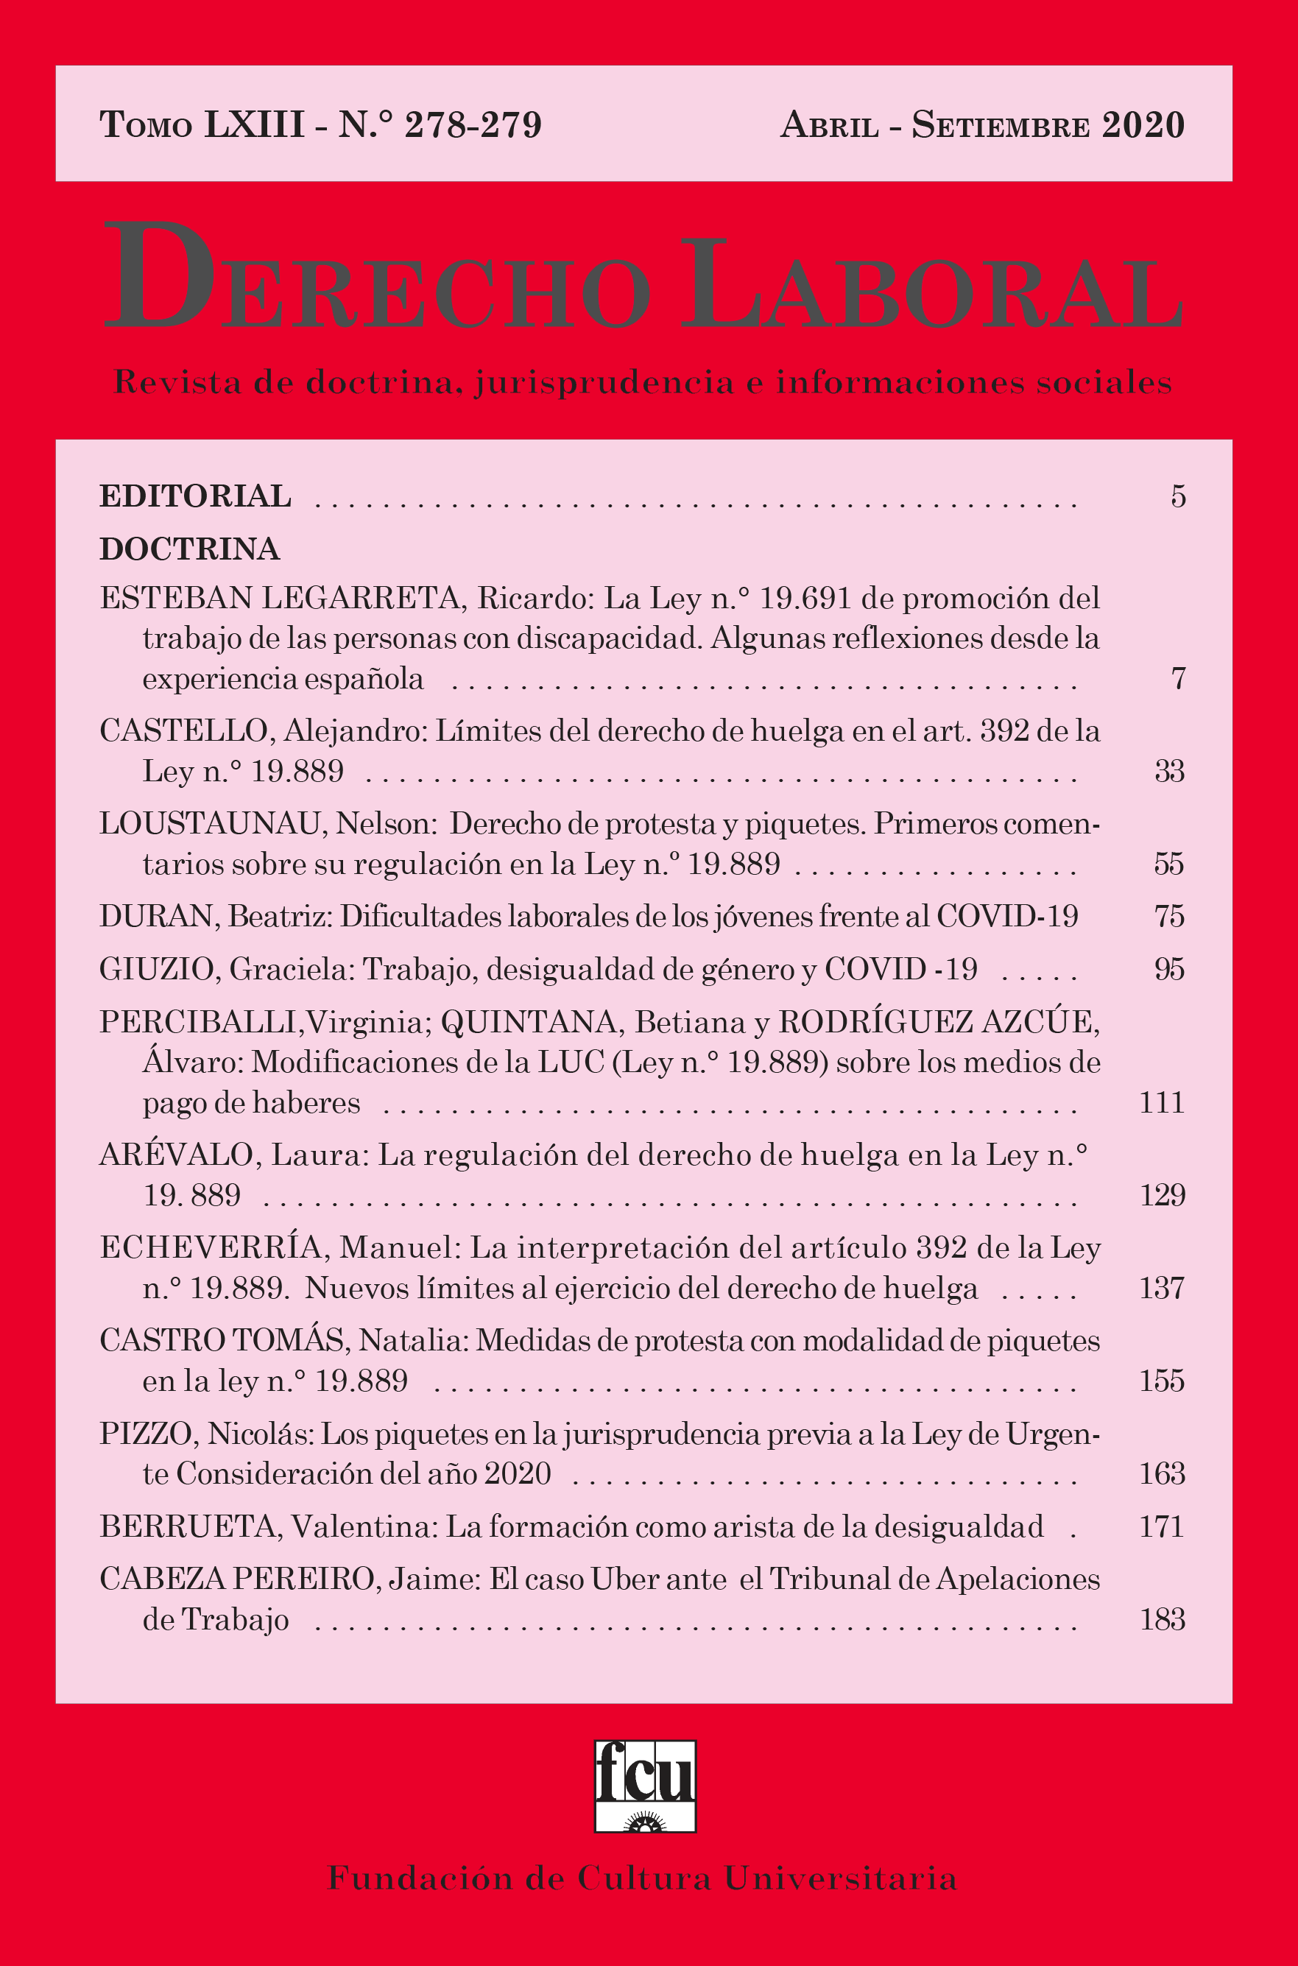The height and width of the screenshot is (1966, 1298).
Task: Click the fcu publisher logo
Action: click(x=645, y=1786)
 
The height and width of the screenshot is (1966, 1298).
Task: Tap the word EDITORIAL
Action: click(x=195, y=496)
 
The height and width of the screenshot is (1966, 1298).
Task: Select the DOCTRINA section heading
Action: click(x=189, y=549)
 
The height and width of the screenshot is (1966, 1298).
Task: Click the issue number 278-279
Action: click(x=473, y=125)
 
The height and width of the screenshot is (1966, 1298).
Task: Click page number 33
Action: click(x=1169, y=772)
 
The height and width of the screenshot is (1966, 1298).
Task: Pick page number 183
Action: click(x=1163, y=1619)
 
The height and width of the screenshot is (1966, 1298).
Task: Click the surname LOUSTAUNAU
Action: click(x=209, y=824)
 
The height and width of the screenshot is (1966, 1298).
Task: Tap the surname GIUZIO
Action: click(x=157, y=969)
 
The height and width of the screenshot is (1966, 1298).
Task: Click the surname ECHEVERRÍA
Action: click(x=211, y=1247)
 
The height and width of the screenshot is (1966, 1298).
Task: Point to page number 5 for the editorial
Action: click(x=1178, y=496)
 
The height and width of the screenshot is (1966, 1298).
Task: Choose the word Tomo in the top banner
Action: click(x=146, y=125)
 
